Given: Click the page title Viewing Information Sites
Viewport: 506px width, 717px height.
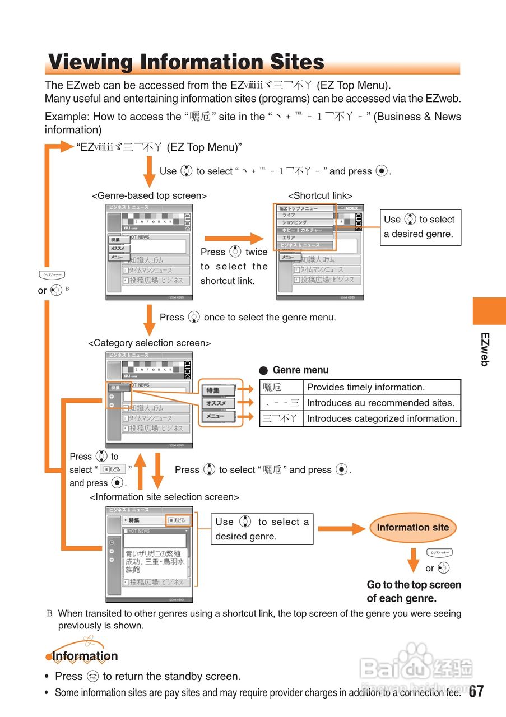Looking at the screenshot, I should pos(186,62).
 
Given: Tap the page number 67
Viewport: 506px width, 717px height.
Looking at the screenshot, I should pos(476,691).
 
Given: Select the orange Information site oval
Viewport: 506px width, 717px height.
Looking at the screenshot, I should pos(413,528).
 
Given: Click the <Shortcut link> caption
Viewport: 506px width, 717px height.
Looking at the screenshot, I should pos(320,195).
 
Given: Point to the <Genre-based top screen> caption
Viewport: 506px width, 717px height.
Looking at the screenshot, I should pos(149,195).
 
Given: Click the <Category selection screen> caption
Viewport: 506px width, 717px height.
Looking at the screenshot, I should pos(149,343).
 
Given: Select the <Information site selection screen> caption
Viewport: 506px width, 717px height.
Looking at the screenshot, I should pos(164,497).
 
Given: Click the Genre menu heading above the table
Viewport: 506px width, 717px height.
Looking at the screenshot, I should pos(300,370).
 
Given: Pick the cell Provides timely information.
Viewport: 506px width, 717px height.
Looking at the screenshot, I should pos(366,387).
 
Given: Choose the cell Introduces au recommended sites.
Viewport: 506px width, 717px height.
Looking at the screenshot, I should pos(380,403).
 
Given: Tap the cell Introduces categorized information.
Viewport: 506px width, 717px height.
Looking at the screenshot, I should pos(382,418).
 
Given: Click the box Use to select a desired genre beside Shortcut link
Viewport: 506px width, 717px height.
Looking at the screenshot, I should pos(420,227).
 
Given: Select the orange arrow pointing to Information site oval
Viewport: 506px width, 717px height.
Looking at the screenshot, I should pos(341,528).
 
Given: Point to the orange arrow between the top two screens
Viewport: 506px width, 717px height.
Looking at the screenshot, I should pos(233,239).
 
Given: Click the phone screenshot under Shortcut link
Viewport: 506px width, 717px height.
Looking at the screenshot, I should pos(320,252).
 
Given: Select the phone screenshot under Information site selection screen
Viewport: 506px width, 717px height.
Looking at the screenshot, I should pos(149,554).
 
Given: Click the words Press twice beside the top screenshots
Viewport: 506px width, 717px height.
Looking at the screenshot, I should pos(234,253).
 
